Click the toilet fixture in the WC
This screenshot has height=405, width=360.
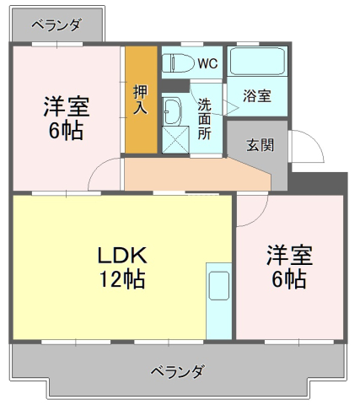pos(179,63)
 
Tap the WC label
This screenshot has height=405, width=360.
pos(207,64)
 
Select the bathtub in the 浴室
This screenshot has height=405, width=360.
pos(257,62)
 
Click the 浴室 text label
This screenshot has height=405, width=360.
pos(257,96)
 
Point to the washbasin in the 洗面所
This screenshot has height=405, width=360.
pos(172,111)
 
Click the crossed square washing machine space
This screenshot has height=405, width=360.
pos(175,140)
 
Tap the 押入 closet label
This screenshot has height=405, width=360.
pos(140,100)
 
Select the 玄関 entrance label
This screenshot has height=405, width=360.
pos(260,145)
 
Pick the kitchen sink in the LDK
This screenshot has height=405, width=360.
pos(219,286)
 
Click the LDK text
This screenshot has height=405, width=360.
pos(122,255)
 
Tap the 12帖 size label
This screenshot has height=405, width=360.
pos(123,279)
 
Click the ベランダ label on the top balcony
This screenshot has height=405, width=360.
pos(56,25)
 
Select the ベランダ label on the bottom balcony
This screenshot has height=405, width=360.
pos(177,372)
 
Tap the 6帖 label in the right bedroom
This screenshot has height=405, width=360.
pos(289,279)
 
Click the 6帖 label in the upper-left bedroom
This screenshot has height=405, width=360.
pos(67,131)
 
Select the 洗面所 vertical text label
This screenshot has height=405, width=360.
pos(204,119)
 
